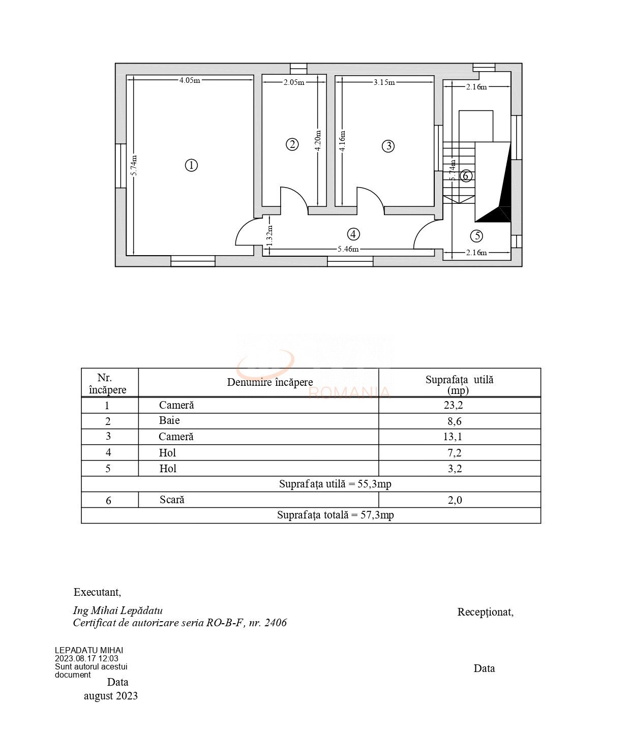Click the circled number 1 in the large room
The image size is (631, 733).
pos(191,165)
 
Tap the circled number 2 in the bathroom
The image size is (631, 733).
pos(292,144)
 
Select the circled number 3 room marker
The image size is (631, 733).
pos(388,146)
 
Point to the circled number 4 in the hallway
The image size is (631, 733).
pos(353,234)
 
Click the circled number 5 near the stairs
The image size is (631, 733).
pos(476,236)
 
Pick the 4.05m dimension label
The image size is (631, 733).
pos(190,80)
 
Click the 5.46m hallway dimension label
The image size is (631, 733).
pos(348,249)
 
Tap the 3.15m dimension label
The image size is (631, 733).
pos(384,82)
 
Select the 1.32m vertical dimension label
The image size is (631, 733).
pos(270,235)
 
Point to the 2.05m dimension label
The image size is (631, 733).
pos(294,82)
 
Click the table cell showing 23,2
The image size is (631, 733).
pos(453,405)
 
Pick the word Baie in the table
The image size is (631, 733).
pos(169,420)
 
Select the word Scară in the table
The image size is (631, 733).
pos(172,500)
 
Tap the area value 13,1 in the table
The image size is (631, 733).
pos(453,437)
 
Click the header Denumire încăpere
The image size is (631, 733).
pos(269,382)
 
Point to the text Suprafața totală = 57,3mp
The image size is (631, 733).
pos(335,515)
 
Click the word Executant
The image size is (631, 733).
pos(97,592)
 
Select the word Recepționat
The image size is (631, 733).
pos(485,612)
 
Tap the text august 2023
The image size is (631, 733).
pos(111,696)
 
